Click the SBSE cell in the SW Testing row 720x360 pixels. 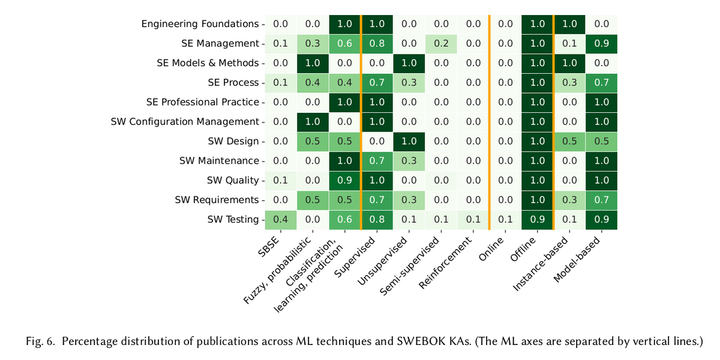pyautogui.click(x=280, y=220)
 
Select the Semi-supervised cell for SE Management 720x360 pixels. pyautogui.click(x=441, y=44)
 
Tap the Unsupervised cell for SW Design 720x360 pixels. pyautogui.click(x=409, y=142)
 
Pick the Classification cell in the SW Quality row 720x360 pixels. pyautogui.click(x=344, y=181)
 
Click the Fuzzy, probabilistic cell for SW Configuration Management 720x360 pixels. pyautogui.click(x=312, y=122)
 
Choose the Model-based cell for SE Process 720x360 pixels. pyautogui.click(x=601, y=83)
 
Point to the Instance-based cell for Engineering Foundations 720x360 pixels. pyautogui.click(x=569, y=25)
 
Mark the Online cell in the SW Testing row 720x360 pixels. pyautogui.click(x=505, y=220)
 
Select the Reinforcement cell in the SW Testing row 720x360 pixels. pyautogui.click(x=473, y=220)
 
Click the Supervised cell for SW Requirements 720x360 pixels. pyautogui.click(x=377, y=200)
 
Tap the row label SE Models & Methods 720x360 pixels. pyautogui.click(x=208, y=64)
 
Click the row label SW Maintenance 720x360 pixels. pyautogui.click(x=218, y=161)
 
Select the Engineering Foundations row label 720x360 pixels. pyautogui.click(x=200, y=25)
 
